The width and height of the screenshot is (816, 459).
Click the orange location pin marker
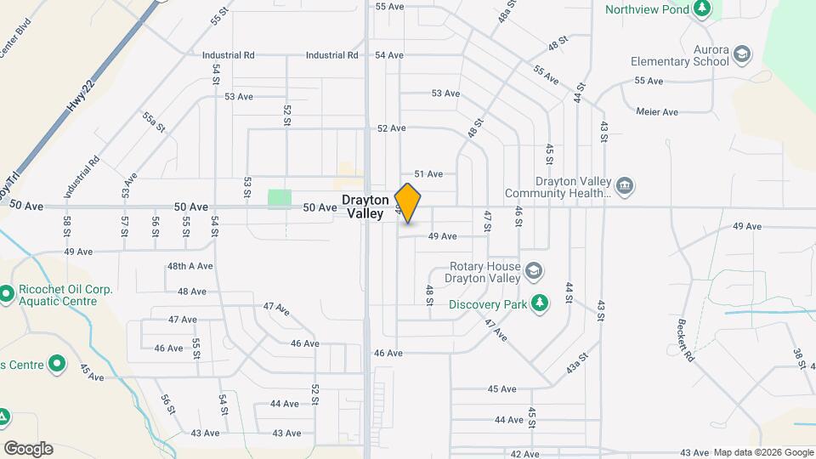[x=408, y=202]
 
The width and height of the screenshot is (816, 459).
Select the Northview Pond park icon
[x=701, y=8]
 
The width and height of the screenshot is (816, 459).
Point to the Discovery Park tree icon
[x=538, y=303]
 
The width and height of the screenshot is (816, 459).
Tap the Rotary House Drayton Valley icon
[x=533, y=271]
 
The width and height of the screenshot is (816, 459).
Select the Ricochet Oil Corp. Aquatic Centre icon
[x=7, y=294]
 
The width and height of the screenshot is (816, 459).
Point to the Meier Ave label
[x=657, y=111]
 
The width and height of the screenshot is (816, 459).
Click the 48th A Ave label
[x=190, y=266]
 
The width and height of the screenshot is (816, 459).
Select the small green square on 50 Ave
[x=280, y=199]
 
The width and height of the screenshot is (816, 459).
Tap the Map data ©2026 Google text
[x=762, y=451]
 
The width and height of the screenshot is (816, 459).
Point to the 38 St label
[x=799, y=358]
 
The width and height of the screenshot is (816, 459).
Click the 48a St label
[x=507, y=11]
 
